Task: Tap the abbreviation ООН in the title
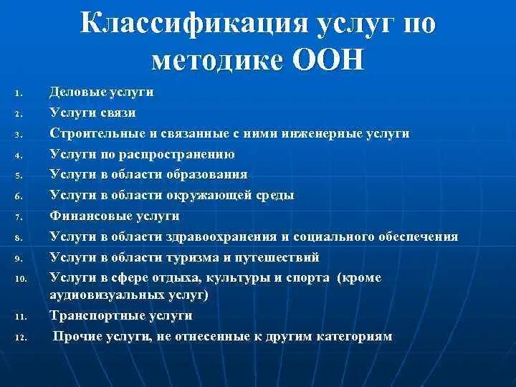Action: pos(329,59)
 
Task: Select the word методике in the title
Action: pos(218,59)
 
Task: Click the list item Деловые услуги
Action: pos(102,92)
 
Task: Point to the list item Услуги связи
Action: pos(93,113)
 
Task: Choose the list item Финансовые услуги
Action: pos(115,216)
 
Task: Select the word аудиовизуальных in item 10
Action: pos(106,294)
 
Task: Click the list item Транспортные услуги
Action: pos(121,315)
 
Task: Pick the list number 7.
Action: pos(20,216)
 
